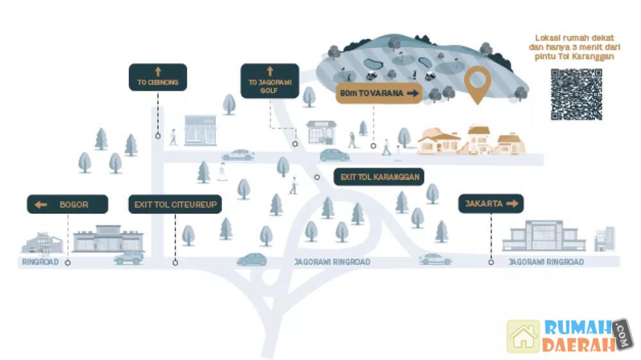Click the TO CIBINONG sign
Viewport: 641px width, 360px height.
click(x=158, y=77)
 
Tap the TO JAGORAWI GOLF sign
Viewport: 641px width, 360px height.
click(x=269, y=81)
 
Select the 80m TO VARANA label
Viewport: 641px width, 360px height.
click(x=379, y=94)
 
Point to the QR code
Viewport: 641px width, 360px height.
click(x=576, y=94)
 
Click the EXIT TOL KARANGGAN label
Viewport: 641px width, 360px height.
click(x=379, y=177)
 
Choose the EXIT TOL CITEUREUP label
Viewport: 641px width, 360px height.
click(x=174, y=204)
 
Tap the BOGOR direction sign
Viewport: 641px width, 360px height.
click(x=67, y=204)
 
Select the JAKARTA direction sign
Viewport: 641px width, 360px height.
click(x=490, y=204)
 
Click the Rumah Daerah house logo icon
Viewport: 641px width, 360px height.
click(x=523, y=336)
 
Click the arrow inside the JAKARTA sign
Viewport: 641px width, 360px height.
click(x=512, y=204)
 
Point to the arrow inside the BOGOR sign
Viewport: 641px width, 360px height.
click(x=41, y=204)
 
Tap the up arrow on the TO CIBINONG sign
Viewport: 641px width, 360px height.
click(x=158, y=70)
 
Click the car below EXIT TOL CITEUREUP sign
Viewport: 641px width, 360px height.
click(x=128, y=258)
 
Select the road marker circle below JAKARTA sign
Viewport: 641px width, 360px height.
click(x=491, y=262)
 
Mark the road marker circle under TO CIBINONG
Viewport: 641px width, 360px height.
click(x=158, y=136)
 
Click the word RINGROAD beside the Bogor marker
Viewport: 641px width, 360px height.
click(x=40, y=262)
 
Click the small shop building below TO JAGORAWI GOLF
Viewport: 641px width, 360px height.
click(x=320, y=132)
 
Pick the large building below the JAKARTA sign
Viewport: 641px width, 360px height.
click(x=544, y=236)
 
